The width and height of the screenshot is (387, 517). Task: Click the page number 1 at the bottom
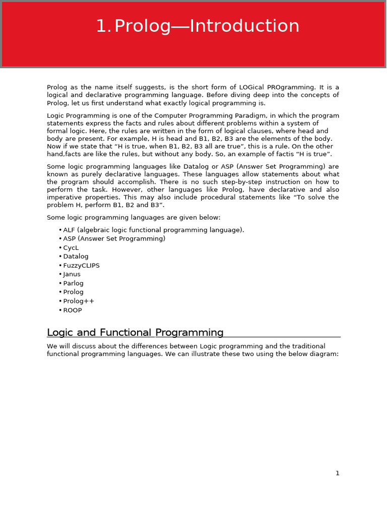tap(338, 473)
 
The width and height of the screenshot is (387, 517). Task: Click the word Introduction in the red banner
tap(242, 26)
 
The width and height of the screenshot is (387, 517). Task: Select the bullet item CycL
tap(71, 248)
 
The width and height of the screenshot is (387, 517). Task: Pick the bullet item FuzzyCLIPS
tap(81, 266)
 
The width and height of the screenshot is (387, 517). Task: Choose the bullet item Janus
tap(72, 275)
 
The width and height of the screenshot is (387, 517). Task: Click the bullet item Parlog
tap(73, 283)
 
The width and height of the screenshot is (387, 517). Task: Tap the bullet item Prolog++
tap(79, 301)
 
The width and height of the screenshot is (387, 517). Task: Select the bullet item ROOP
tap(73, 311)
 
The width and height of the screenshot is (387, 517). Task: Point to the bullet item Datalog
tap(76, 256)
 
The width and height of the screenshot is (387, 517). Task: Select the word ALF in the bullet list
tap(69, 230)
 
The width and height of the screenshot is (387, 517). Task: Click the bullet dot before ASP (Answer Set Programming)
tap(60, 239)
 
